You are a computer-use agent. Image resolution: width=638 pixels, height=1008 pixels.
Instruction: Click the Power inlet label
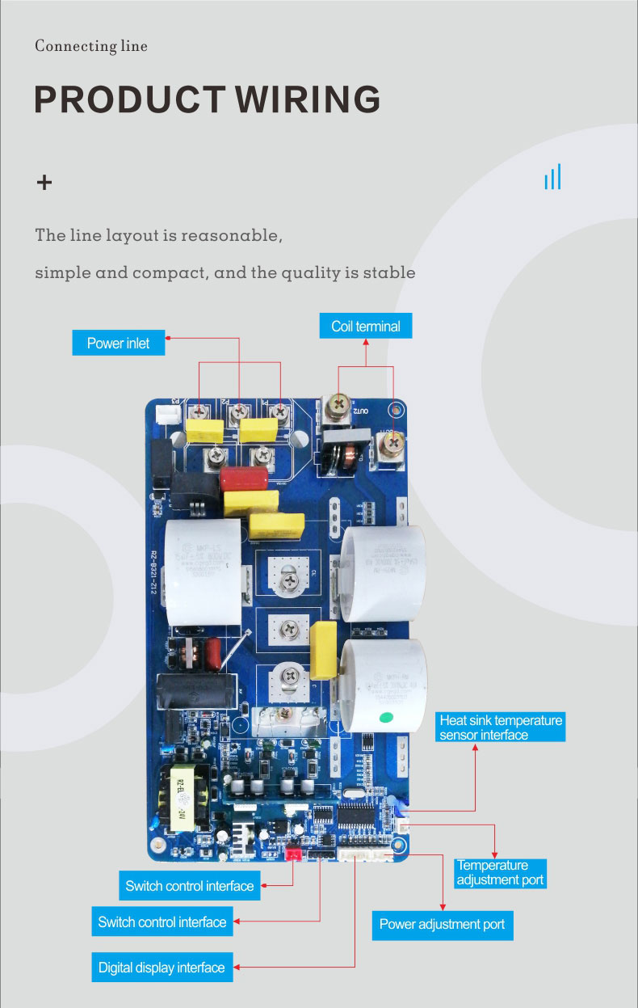(x=119, y=343)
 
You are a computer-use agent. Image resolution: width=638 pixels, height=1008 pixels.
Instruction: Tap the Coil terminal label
(x=366, y=327)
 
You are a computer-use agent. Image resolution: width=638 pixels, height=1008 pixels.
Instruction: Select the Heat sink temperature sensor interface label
(x=501, y=728)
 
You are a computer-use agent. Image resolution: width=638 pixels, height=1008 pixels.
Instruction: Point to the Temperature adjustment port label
(x=501, y=872)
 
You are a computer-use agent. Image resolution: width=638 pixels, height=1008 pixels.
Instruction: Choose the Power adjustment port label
(x=442, y=924)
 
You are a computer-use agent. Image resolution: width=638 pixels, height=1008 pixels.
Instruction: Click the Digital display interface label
(x=162, y=967)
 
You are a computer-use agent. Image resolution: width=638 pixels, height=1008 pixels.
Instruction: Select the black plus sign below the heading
(x=44, y=183)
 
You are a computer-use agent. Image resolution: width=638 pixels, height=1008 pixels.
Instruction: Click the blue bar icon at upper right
(x=552, y=177)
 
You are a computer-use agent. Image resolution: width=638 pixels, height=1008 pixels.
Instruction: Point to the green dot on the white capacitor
(x=386, y=716)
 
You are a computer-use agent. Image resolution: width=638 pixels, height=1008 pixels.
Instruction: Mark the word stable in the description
(x=389, y=272)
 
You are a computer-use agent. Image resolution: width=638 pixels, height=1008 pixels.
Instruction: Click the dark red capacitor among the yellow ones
(x=243, y=478)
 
